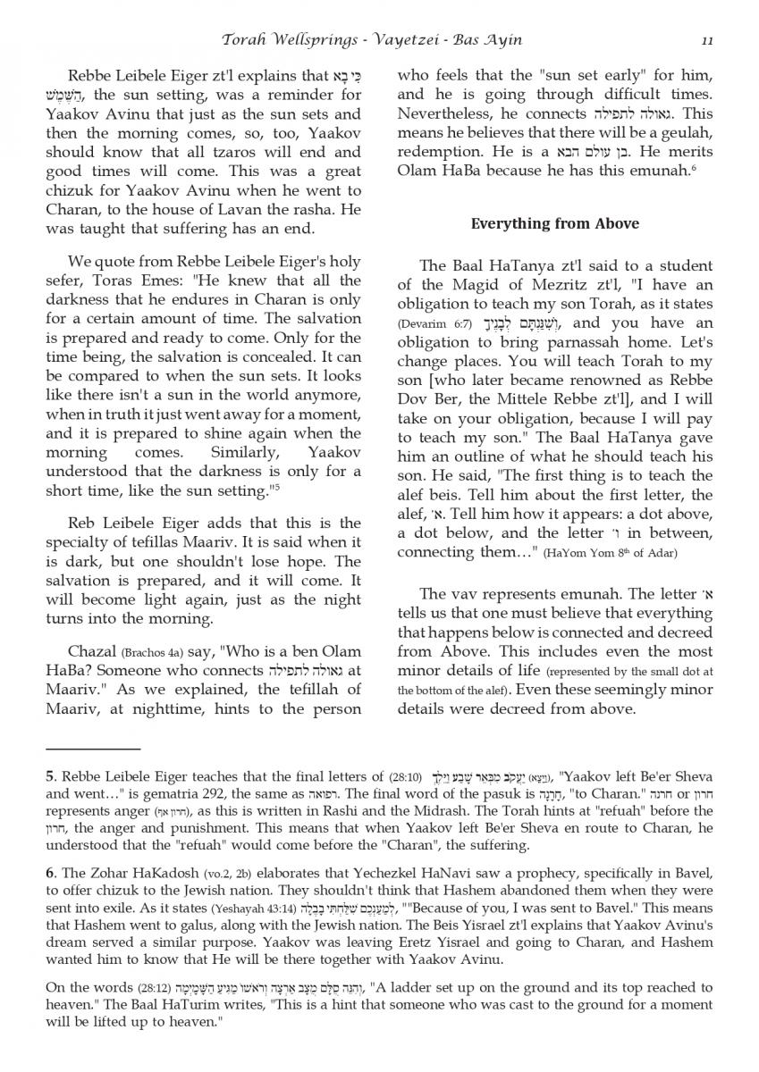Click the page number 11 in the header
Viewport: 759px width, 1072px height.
(x=706, y=40)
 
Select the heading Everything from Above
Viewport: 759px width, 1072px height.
(x=554, y=223)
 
